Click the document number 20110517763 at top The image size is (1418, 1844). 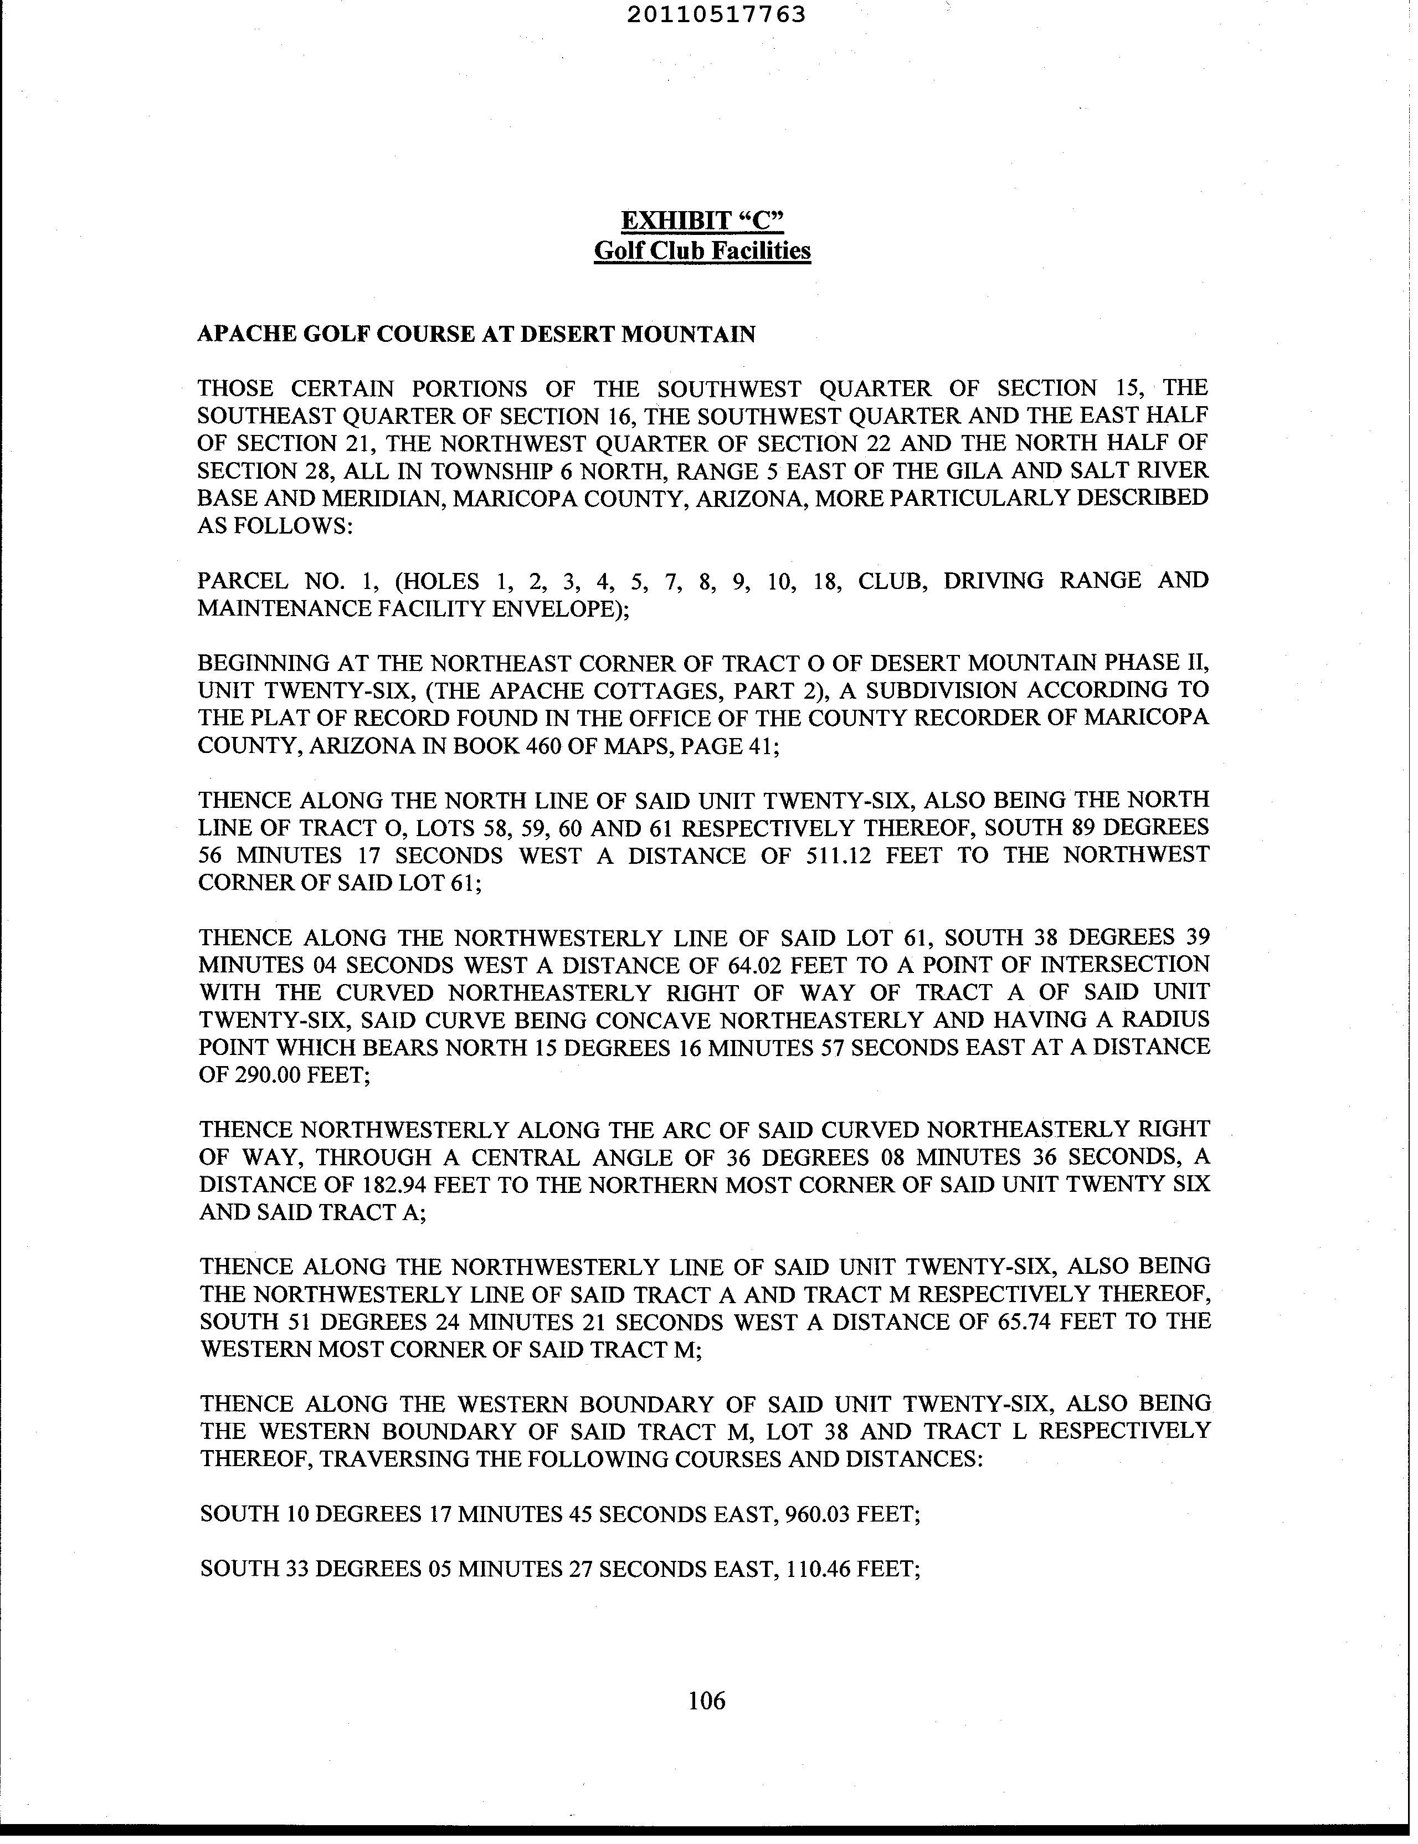(x=716, y=14)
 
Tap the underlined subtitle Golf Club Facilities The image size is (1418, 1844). (x=702, y=251)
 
